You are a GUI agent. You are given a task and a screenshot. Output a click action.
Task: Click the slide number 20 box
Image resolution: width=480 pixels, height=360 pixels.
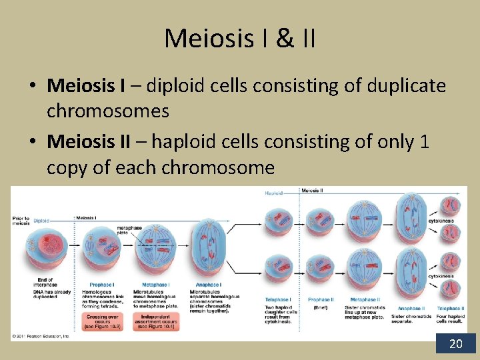456,343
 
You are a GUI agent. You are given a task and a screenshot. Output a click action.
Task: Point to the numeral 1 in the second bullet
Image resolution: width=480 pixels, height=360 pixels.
425,141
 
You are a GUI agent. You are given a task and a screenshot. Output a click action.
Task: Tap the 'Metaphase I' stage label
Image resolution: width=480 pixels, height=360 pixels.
155,285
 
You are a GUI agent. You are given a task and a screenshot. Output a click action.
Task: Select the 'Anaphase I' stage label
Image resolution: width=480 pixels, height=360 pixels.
208,285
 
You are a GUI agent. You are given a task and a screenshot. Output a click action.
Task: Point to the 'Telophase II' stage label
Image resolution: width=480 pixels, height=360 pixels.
451,309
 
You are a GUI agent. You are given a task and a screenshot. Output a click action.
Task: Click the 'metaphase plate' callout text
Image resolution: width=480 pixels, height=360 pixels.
129,230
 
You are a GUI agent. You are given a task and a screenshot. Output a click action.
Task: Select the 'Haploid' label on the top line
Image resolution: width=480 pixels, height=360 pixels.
273,193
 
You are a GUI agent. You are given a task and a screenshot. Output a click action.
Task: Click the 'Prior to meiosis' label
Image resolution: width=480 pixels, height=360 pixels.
21,221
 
